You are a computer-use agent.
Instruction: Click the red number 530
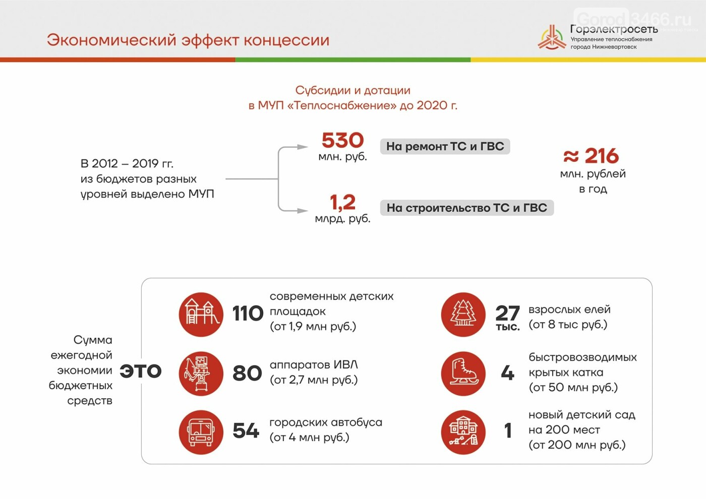[342, 140]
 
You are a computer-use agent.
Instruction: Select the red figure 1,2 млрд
[342, 202]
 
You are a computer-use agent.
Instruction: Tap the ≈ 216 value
[591, 156]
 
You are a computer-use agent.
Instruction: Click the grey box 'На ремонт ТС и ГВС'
[445, 147]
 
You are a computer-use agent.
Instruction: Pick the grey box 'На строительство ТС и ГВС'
[467, 208]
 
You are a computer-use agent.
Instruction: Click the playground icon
[201, 315]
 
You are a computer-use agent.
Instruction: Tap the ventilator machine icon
[201, 373]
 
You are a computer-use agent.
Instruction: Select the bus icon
[201, 432]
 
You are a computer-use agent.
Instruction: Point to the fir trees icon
[463, 315]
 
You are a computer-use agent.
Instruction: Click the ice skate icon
[463, 373]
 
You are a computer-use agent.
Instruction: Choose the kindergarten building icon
[463, 432]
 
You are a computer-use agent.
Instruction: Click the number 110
[248, 314]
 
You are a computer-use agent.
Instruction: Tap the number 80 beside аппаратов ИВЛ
[248, 373]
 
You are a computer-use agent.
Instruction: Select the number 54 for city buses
[246, 430]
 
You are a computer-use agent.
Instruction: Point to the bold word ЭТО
[141, 371]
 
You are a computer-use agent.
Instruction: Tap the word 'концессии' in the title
[286, 41]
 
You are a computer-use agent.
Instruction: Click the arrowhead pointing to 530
[303, 147]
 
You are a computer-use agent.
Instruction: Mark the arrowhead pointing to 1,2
[303, 211]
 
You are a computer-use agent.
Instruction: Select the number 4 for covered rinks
[507, 373]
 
